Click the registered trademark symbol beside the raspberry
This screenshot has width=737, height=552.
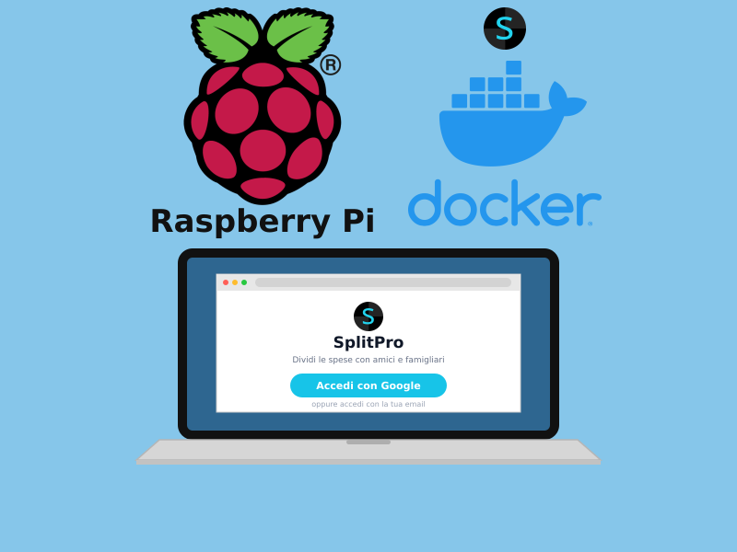pyautogui.click(x=331, y=64)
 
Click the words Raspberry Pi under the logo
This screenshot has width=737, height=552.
pyautogui.click(x=263, y=221)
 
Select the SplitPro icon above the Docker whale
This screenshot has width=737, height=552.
pyautogui.click(x=505, y=29)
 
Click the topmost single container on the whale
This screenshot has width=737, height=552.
pyautogui.click(x=513, y=67)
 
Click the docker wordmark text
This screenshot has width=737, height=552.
pyautogui.click(x=504, y=202)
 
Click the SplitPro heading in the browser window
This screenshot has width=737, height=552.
pyautogui.click(x=368, y=342)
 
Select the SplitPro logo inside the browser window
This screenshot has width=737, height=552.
pyautogui.click(x=368, y=316)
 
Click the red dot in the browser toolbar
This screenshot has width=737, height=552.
pyautogui.click(x=226, y=282)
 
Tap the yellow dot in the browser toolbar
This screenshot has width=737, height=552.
pyautogui.click(x=235, y=282)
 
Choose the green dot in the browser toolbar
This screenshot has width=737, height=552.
pyautogui.click(x=244, y=282)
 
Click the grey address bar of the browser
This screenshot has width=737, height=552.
pyautogui.click(x=383, y=282)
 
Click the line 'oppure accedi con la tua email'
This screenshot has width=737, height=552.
pyautogui.click(x=368, y=404)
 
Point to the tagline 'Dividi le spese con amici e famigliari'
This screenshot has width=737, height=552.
pyautogui.click(x=368, y=360)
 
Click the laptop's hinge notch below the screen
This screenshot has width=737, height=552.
pyautogui.click(x=368, y=443)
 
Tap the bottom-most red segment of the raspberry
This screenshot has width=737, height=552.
pyautogui.click(x=263, y=188)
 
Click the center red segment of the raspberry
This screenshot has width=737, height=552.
pyautogui.click(x=263, y=150)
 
